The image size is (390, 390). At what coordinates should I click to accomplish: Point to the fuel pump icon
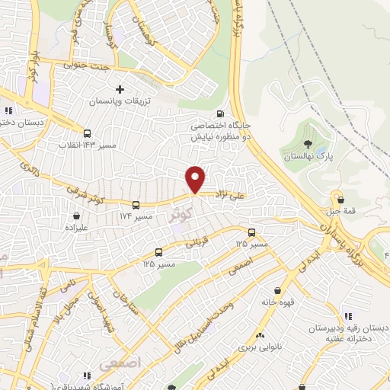coord(220,115)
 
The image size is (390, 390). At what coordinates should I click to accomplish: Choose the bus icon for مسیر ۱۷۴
coord(136,205)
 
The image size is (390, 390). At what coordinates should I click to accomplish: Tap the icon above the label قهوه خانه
coord(278,290)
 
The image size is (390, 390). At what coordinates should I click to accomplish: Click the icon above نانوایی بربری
coord(261,335)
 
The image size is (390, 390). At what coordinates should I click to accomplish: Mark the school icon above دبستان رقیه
coord(348,315)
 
